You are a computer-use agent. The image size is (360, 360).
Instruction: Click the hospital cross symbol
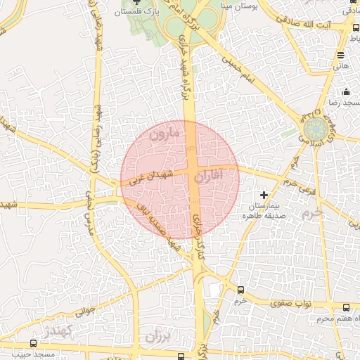coord(264,195)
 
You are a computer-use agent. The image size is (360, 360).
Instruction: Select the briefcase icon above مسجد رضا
coord(346,91)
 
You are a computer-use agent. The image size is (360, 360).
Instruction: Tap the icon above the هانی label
coord(340,55)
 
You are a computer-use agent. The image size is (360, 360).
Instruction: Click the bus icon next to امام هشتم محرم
coord(346,307)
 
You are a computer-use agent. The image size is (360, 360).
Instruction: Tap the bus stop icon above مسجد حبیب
coord(33,344)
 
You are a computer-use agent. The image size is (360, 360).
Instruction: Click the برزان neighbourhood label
coord(158,337)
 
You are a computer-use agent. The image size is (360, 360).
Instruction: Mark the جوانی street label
coord(85,307)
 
